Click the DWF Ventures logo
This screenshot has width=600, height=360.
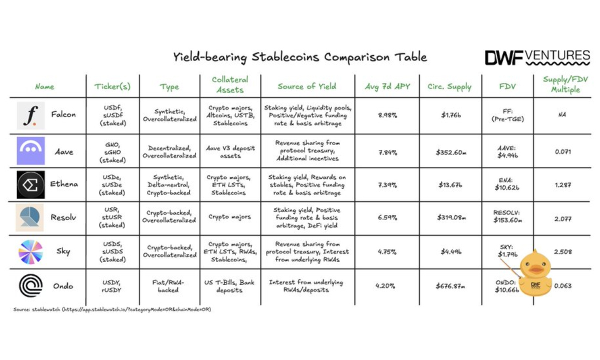[x=537, y=57]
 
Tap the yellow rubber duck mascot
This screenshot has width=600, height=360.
[x=535, y=272]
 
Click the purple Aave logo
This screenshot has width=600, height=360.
[x=30, y=150]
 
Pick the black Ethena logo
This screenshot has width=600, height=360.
[x=30, y=184]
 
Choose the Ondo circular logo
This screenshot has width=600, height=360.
[x=30, y=286]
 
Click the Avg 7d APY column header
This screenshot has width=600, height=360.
[x=387, y=86]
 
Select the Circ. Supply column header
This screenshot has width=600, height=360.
[x=449, y=86]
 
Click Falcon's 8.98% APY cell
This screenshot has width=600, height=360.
[x=387, y=115]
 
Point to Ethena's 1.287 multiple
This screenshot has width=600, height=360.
[x=562, y=184]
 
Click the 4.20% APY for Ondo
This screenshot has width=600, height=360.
[x=385, y=286]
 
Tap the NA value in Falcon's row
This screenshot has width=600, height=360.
[x=562, y=115]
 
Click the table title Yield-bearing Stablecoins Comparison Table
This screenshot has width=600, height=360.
[x=300, y=56]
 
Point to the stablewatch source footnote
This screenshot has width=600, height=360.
[x=112, y=309]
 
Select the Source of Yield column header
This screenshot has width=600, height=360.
[x=307, y=86]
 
